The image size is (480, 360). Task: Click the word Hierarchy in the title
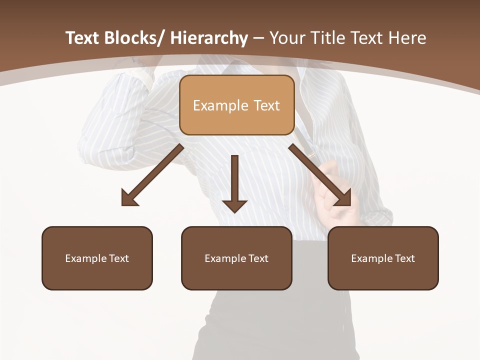(209, 38)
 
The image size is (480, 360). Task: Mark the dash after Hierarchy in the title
(258, 39)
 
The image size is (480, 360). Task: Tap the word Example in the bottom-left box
(85, 258)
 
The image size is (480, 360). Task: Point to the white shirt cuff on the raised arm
(140, 75)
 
